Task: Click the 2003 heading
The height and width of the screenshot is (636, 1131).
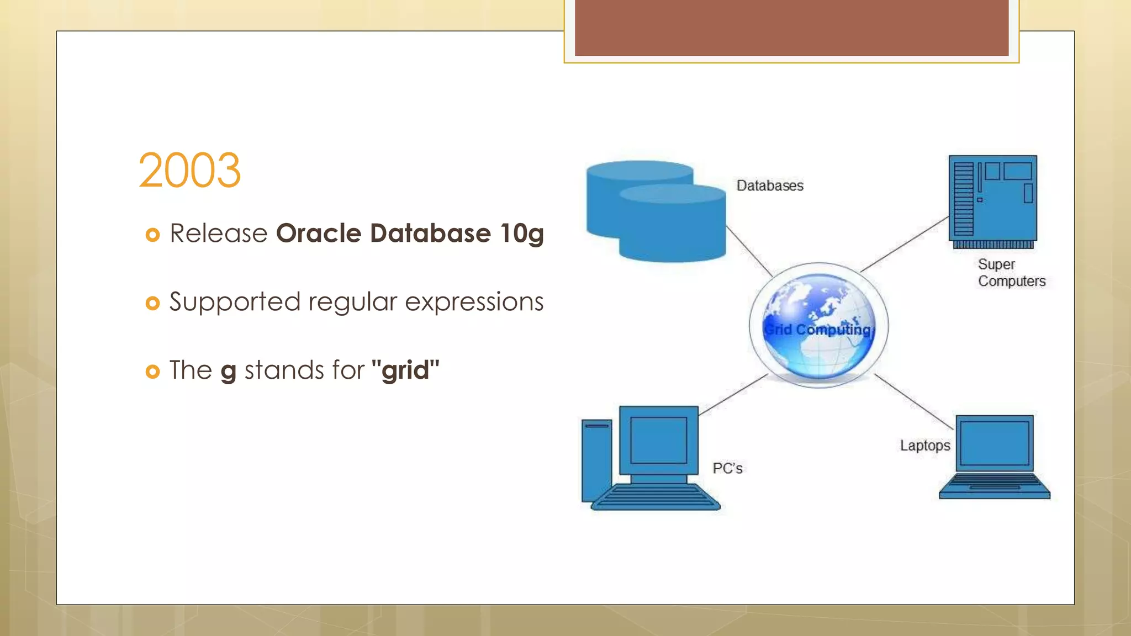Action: [x=189, y=171]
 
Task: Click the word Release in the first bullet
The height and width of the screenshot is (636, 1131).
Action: [x=219, y=234]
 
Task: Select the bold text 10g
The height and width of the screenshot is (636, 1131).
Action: [x=521, y=234]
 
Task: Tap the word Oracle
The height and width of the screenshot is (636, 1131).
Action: [x=319, y=234]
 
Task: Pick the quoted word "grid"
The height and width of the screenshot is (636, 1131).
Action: [x=405, y=370]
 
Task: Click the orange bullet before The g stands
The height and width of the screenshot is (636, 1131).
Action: [x=152, y=372]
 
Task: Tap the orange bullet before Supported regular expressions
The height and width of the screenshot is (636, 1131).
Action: [x=152, y=303]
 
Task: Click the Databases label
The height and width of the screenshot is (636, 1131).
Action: [x=770, y=186]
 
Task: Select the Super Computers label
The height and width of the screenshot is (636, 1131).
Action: [x=1011, y=273]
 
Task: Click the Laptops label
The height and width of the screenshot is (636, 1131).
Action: [x=925, y=446]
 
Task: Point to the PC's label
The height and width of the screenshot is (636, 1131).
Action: [x=727, y=468]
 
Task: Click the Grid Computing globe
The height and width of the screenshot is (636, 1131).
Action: [x=818, y=326]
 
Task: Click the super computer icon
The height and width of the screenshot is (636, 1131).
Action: [x=992, y=202]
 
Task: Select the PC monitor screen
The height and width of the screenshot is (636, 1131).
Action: [x=658, y=440]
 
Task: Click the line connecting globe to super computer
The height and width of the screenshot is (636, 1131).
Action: [x=905, y=245]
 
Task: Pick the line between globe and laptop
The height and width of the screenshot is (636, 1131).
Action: [x=914, y=401]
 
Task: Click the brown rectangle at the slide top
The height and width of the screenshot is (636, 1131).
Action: [x=791, y=28]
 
